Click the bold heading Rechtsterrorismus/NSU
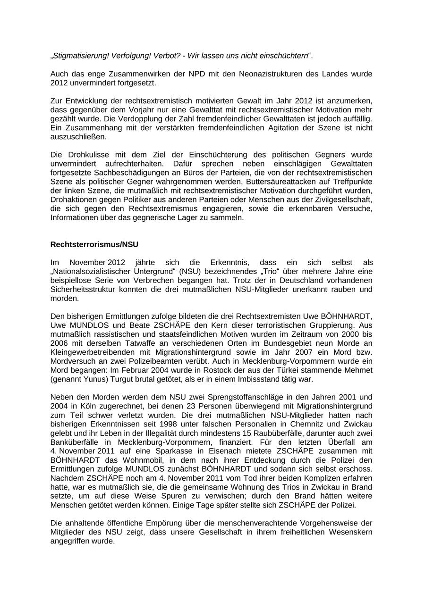[x=94, y=244]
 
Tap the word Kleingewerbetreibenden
[x=91, y=352]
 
